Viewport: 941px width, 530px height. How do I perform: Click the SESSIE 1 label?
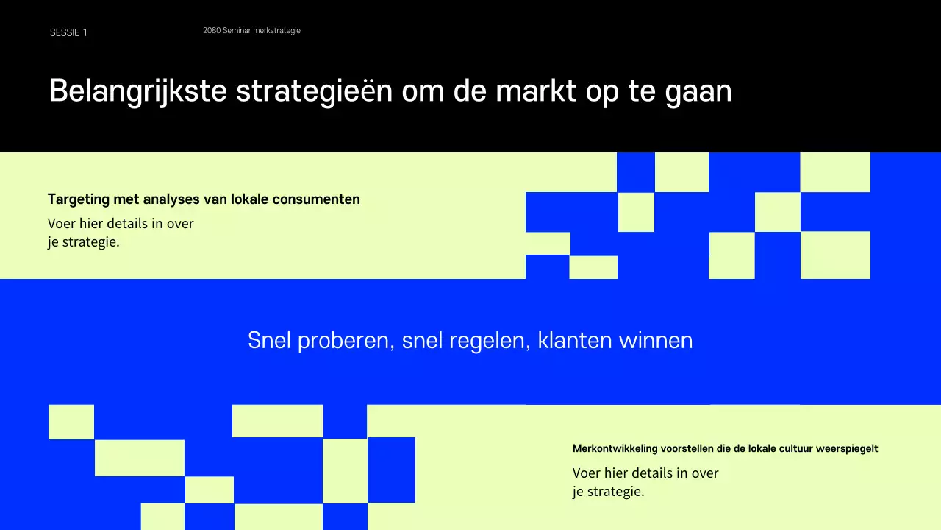pos(68,32)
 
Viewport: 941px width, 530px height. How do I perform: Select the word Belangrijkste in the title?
pos(137,91)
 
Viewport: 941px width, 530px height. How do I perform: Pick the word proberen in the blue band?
pos(345,341)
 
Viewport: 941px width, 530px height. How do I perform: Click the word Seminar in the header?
pos(237,31)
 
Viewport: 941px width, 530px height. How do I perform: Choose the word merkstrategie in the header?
pos(277,31)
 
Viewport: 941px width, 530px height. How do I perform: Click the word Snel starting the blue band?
pos(270,341)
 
